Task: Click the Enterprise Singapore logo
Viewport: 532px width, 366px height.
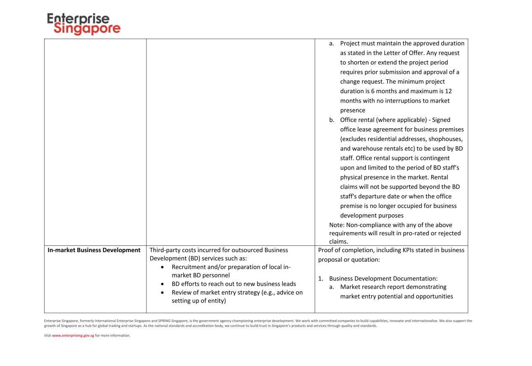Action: tap(84, 24)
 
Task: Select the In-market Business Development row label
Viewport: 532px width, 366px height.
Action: tap(94, 250)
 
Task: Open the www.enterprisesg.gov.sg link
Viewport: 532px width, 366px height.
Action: tap(73, 335)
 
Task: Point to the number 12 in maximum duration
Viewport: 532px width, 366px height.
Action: tap(448, 91)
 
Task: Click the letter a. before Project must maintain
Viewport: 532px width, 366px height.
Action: tap(332, 43)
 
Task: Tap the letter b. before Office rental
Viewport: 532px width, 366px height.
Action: tap(332, 120)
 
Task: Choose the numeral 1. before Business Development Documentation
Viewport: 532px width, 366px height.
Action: tap(320, 278)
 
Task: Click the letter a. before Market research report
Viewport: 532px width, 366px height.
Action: tap(332, 287)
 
